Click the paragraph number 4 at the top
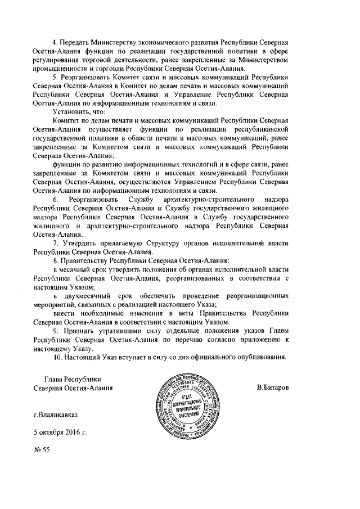pos(55,43)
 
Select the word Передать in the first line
pos(76,43)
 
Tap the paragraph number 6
pos(55,200)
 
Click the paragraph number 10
pos(56,357)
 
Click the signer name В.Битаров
pos(272,388)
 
